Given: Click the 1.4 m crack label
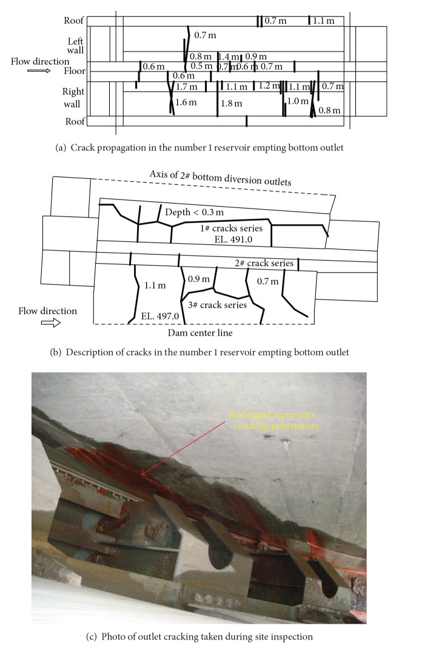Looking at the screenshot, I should (229, 56).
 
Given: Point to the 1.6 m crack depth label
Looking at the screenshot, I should (186, 102).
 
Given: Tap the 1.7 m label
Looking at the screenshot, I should (186, 87).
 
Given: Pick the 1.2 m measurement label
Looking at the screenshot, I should (268, 86).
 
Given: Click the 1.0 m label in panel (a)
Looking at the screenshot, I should (297, 101).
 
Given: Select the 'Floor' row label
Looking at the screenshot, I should (75, 71).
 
